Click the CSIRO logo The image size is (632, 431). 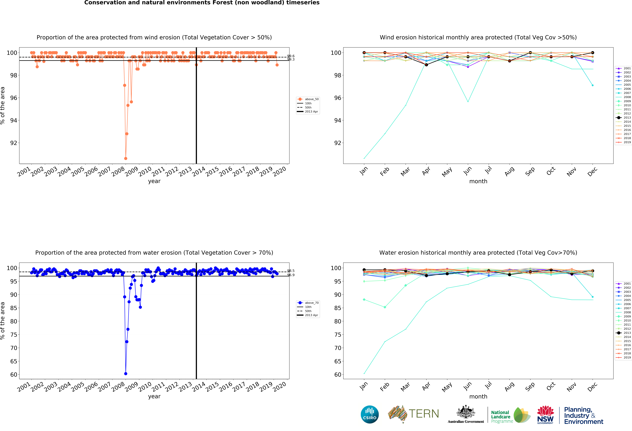point(370,414)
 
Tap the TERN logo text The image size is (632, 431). point(424,414)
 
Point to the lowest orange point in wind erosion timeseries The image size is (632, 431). point(126,158)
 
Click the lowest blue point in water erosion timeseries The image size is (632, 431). point(126,374)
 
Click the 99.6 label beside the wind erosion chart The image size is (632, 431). point(291,56)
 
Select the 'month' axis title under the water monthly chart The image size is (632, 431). point(478,396)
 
